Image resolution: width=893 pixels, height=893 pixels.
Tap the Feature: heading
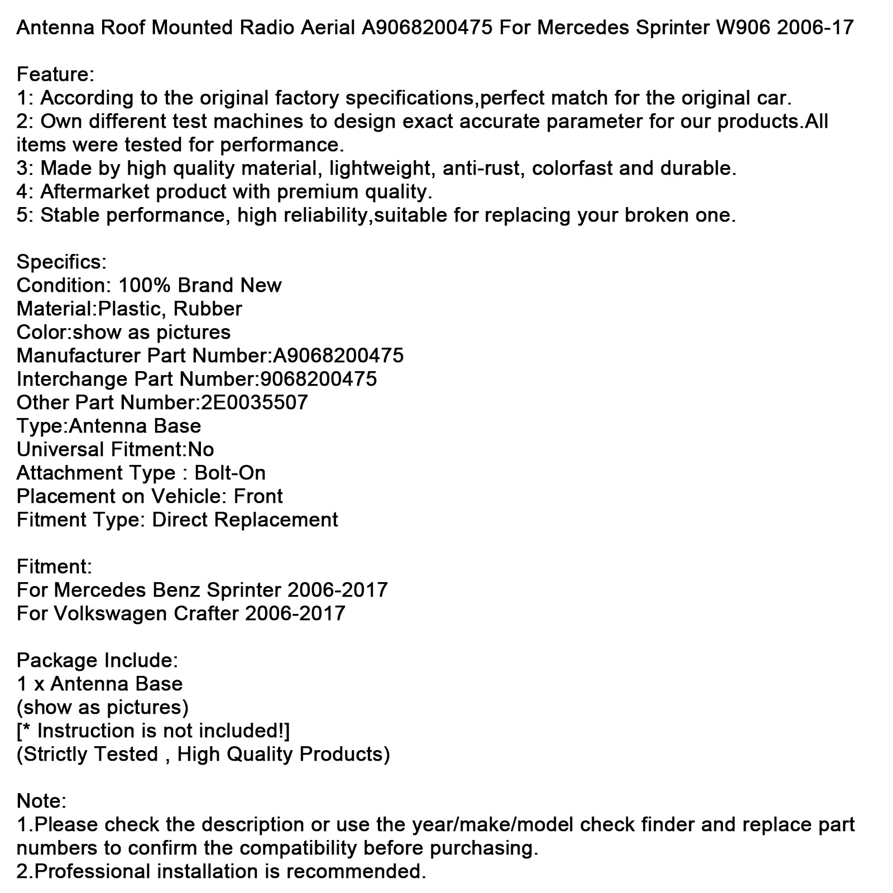55,74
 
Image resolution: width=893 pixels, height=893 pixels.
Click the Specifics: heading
61,262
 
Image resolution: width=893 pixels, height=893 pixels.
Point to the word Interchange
73,379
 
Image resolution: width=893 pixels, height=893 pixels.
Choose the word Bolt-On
230,473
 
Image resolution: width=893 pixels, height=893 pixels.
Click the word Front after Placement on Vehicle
258,496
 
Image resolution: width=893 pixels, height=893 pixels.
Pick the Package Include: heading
97,660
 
